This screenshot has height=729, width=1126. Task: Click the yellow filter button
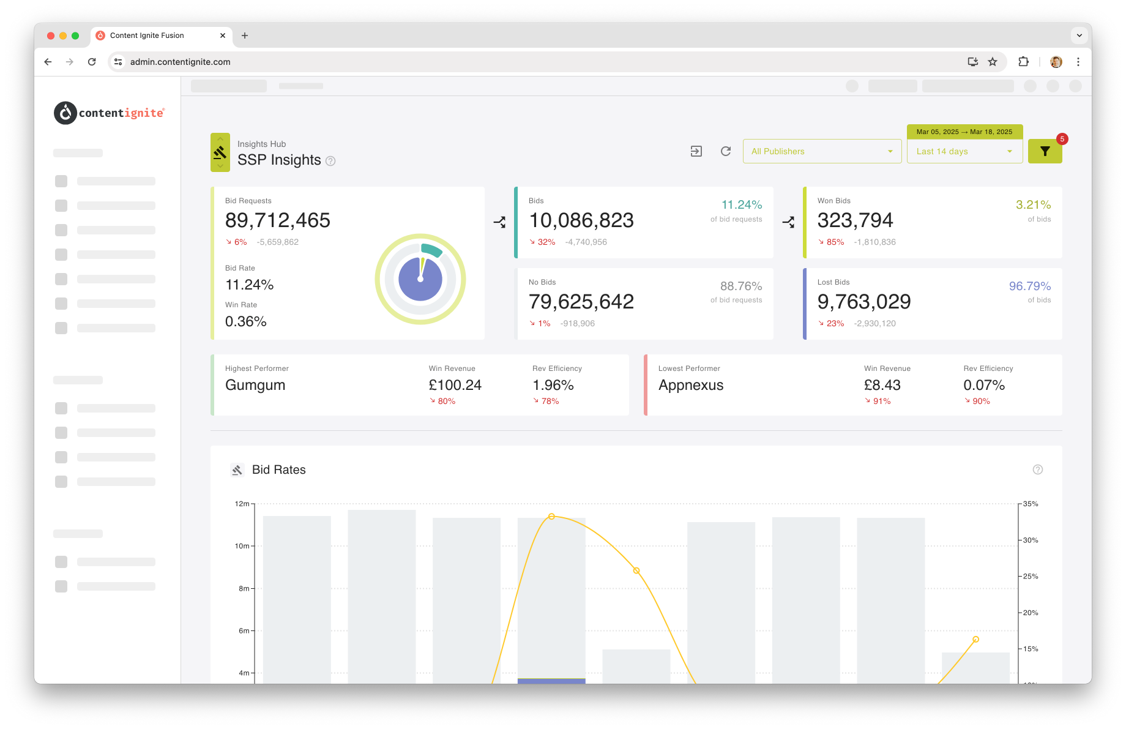1045,151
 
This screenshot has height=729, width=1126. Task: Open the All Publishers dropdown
822,151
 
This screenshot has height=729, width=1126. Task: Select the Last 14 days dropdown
964,151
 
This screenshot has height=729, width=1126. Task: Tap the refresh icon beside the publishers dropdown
726,151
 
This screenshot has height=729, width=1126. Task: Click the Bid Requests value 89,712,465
278,220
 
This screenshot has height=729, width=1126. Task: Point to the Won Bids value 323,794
855,220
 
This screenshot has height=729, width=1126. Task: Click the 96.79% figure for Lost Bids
1030,286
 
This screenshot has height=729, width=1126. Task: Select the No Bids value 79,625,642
581,302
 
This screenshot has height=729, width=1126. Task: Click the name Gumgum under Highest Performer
255,386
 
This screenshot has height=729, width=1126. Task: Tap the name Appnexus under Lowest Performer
691,386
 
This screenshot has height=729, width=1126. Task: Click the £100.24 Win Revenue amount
455,385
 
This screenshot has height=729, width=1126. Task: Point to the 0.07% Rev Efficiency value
984,385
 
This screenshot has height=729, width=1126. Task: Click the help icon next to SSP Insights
330,161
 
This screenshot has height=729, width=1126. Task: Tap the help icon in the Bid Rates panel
1038,469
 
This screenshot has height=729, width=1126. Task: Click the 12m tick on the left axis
242,504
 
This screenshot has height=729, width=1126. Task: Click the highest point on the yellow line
551,517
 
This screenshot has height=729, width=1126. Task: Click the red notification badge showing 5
1062,139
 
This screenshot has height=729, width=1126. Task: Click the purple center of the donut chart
420,279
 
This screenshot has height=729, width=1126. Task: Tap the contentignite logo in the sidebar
110,113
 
